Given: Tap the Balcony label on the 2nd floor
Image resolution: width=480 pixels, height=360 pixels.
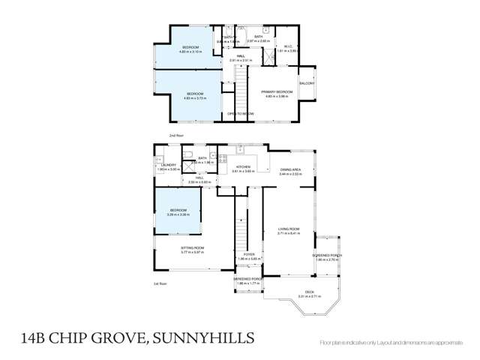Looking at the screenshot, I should coord(307,83).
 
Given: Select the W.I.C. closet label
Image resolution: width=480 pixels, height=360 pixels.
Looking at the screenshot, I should coord(289,48).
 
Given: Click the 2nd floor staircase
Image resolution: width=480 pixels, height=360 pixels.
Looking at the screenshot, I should coord(241,90).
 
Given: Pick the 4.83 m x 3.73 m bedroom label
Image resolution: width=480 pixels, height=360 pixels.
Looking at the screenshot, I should coord(194,95).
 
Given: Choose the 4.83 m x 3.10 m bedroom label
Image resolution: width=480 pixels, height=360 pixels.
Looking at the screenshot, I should coord(193,49).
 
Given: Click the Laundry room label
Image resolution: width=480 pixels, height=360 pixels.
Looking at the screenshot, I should coord(167,166).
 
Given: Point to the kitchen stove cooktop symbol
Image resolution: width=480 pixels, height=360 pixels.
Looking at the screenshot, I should coord(222,158).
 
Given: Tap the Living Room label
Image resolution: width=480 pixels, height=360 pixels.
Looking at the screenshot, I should coord(289,231).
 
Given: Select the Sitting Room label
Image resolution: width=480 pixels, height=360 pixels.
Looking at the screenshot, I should coord(192,249).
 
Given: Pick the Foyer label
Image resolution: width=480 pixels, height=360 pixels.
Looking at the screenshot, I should coord(250,256).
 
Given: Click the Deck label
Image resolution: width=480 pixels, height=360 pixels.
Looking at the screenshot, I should coord(309,294).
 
